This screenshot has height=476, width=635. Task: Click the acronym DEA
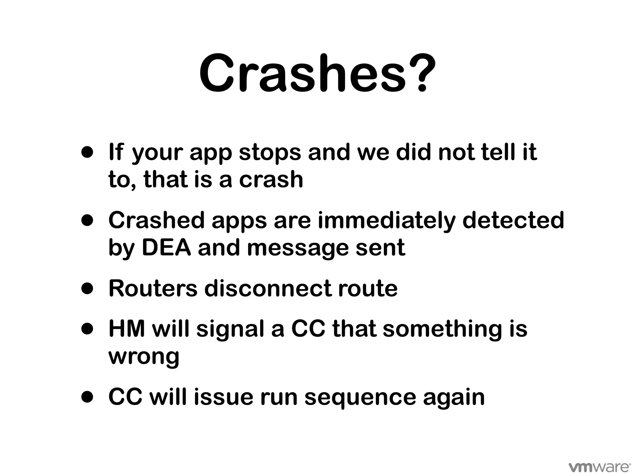166,248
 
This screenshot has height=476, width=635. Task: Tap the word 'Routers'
153,289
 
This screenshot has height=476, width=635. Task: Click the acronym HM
127,329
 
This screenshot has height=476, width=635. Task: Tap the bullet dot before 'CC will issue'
87,398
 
